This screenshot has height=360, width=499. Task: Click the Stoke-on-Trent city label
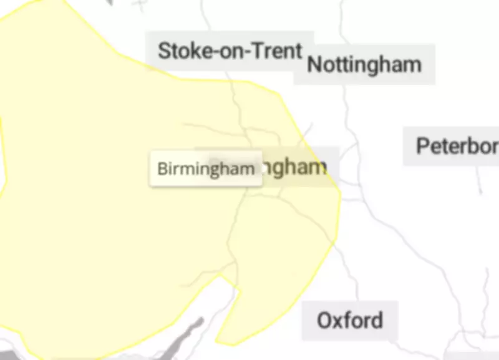[x=230, y=51]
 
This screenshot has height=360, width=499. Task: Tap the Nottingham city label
[x=364, y=64]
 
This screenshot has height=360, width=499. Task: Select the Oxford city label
[x=349, y=321]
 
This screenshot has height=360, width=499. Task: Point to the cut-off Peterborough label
[x=457, y=146]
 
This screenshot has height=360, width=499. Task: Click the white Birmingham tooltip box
[x=205, y=168]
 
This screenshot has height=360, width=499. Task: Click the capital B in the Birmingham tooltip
[x=161, y=169]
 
